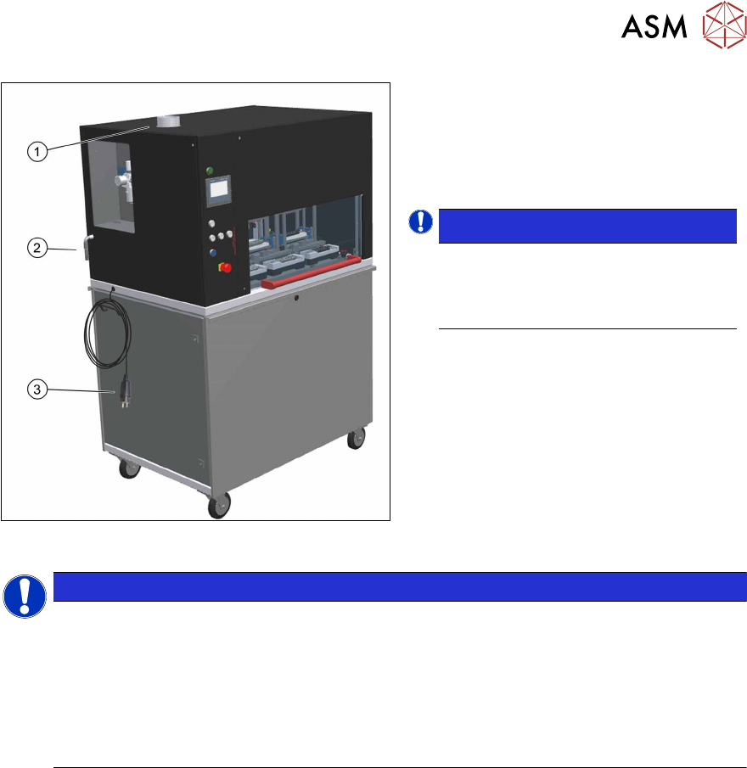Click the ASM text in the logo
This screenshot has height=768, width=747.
tap(654, 27)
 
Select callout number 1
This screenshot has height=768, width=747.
tap(37, 151)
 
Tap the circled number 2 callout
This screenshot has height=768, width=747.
tap(37, 249)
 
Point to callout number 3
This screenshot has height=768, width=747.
tap(37, 390)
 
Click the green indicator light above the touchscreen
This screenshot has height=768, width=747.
tap(210, 171)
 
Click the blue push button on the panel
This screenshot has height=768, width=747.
tap(212, 252)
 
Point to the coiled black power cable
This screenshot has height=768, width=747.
tap(102, 331)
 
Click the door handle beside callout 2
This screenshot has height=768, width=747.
tap(87, 245)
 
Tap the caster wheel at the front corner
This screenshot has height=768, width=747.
tap(218, 505)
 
